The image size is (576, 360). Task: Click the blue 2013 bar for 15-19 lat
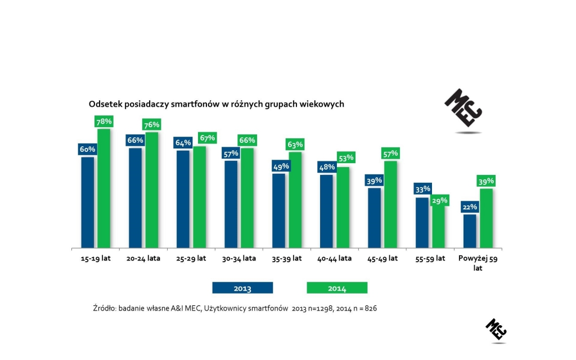pyautogui.click(x=88, y=202)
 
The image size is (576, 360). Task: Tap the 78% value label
pyautogui.click(x=105, y=121)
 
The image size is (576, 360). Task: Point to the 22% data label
pyautogui.click(x=470, y=207)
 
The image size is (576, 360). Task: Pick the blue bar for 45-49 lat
pyautogui.click(x=375, y=218)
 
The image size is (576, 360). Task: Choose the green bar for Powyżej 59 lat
pyautogui.click(x=487, y=218)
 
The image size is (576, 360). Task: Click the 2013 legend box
pyautogui.click(x=242, y=288)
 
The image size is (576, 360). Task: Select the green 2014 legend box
pyautogui.click(x=337, y=288)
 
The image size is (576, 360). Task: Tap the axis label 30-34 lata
pyautogui.click(x=240, y=259)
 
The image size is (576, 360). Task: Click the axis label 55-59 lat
pyautogui.click(x=430, y=259)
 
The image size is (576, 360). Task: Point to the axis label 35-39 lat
pyautogui.click(x=287, y=259)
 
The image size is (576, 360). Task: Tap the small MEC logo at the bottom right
pyautogui.click(x=496, y=329)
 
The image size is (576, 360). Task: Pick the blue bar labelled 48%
pyautogui.click(x=327, y=211)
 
